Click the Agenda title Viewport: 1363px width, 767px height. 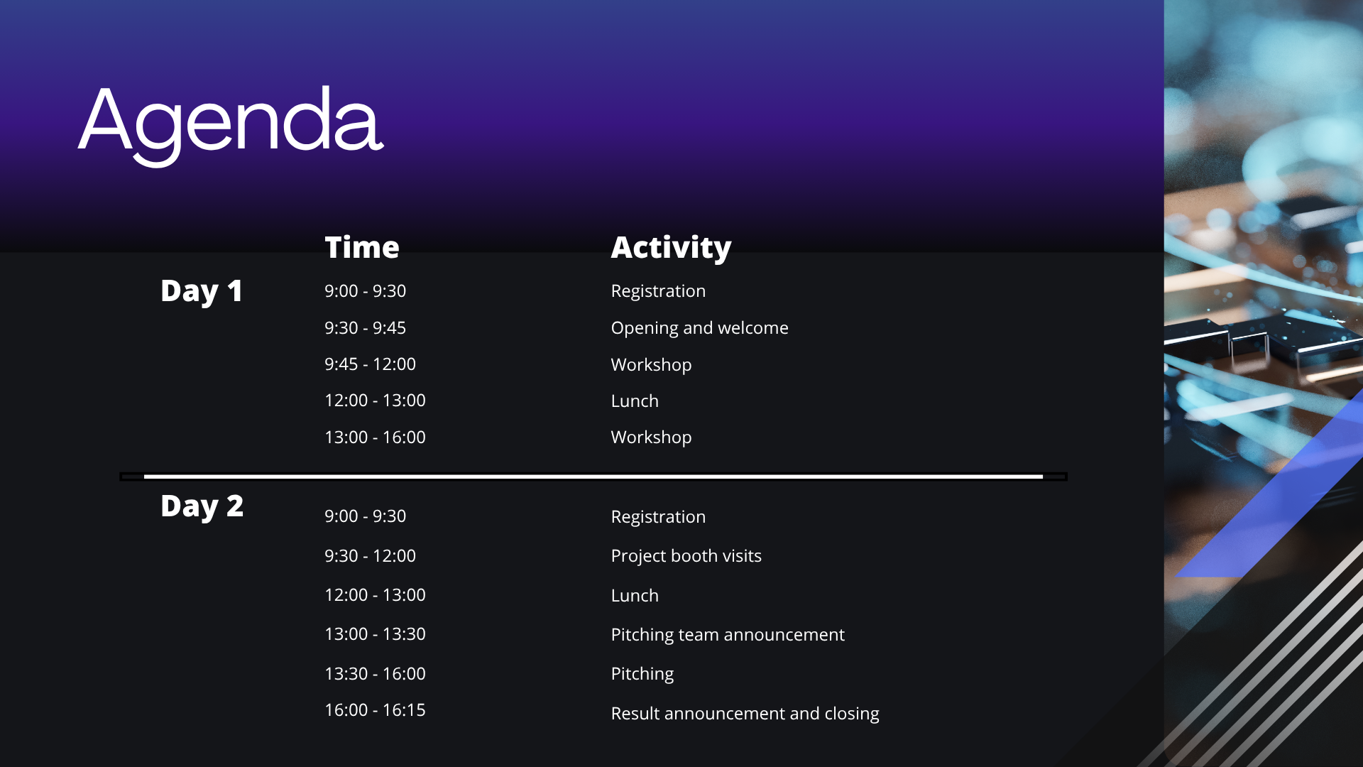[231, 124]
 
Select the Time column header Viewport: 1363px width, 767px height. [362, 247]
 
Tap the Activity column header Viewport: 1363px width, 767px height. [671, 248]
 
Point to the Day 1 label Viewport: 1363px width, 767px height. [202, 291]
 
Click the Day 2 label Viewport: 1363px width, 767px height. [202, 506]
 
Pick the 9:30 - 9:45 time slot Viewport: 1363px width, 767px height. [365, 327]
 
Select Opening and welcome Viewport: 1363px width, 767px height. [699, 328]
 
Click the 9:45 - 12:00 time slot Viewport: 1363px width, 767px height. [370, 364]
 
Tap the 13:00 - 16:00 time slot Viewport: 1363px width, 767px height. [375, 437]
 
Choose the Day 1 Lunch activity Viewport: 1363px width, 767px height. [635, 401]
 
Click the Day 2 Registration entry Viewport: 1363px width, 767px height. [658, 517]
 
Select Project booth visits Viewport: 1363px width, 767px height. [686, 556]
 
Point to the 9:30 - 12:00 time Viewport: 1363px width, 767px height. [370, 555]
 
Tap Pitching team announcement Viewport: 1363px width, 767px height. [728, 635]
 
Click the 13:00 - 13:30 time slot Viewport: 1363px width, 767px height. [375, 633]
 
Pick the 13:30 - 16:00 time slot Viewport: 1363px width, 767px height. [375, 673]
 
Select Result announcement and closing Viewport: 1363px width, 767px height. [745, 714]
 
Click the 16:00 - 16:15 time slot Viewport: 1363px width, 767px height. [375, 709]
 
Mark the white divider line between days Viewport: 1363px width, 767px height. [593, 477]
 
